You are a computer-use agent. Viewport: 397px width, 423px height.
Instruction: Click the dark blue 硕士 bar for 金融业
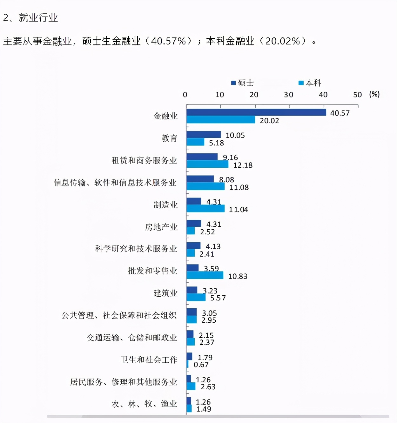256,112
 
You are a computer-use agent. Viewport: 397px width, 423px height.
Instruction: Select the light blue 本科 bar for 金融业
221,120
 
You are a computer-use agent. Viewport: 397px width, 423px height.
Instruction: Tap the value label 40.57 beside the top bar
340,113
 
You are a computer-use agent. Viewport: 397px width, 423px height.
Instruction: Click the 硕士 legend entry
243,83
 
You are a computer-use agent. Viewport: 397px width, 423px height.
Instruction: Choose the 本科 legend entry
310,83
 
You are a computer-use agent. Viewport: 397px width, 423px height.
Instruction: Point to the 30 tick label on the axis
288,95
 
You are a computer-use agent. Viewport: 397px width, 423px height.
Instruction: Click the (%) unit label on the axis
374,94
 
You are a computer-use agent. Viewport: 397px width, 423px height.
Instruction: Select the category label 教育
169,138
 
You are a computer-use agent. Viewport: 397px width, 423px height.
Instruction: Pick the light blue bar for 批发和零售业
205,275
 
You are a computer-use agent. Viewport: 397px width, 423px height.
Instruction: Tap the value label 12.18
243,165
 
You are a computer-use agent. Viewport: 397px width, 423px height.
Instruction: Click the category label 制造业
165,205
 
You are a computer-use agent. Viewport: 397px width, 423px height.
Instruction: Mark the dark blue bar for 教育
204,135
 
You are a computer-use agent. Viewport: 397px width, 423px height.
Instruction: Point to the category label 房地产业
161,227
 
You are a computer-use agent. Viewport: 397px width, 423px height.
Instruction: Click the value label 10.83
238,276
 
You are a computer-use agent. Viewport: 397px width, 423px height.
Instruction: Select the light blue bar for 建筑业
196,298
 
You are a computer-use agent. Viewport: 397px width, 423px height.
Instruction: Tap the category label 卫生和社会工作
149,360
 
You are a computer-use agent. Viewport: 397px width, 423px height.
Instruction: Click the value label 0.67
201,365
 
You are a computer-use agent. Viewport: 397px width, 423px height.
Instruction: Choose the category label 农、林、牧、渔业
144,404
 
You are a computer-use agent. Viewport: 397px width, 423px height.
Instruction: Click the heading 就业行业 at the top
38,18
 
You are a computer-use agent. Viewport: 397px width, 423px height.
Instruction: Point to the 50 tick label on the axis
357,95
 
